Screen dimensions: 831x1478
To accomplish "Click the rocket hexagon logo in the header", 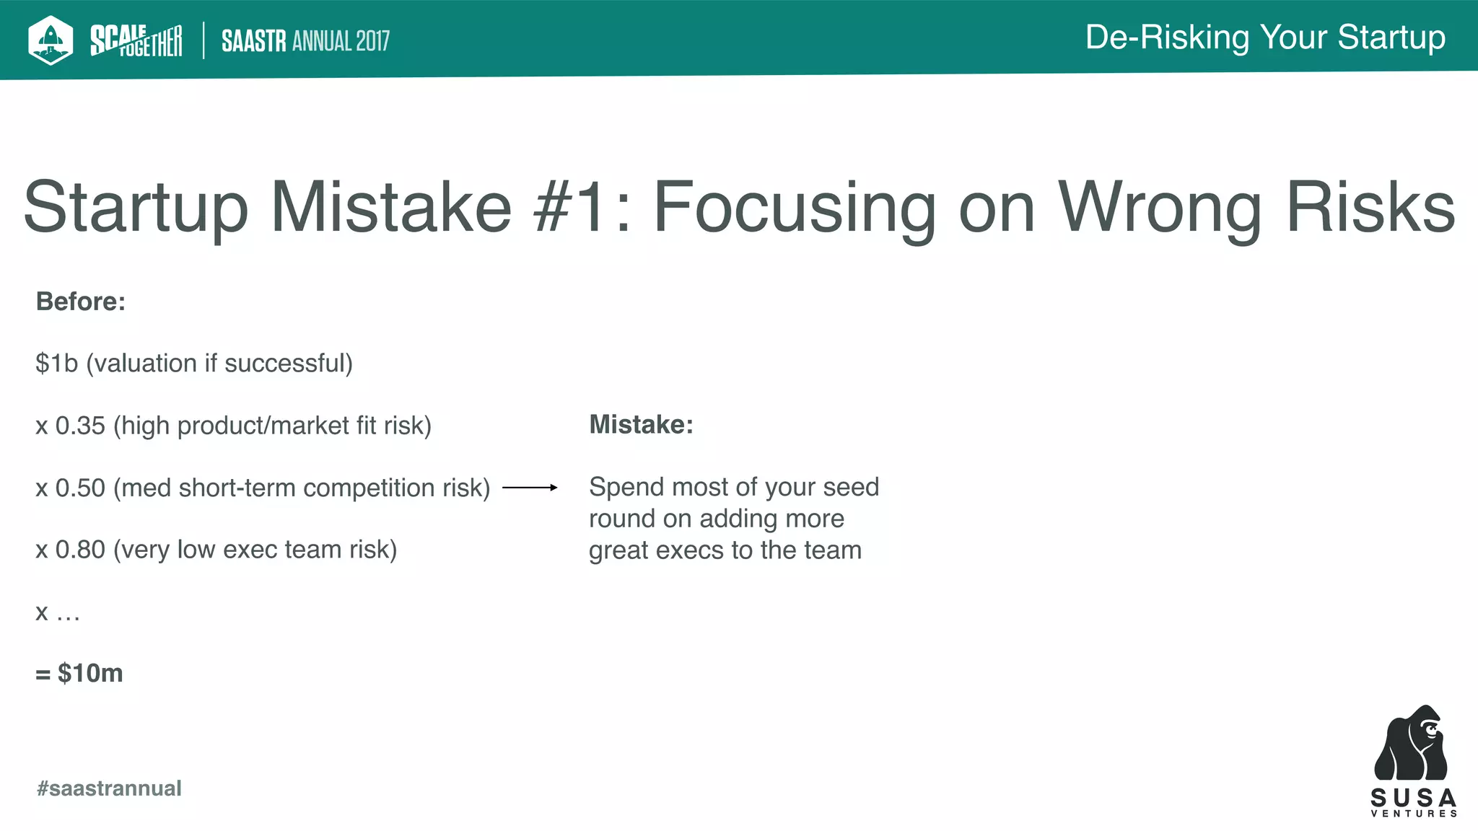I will pos(50,40).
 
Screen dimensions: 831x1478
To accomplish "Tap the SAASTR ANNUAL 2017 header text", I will pos(305,41).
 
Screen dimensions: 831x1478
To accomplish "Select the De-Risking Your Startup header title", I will pos(1265,38).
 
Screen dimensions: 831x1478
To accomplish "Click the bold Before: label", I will pos(81,302).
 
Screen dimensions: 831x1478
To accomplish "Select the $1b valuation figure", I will pos(56,364).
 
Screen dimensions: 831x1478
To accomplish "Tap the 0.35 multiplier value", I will pos(80,426).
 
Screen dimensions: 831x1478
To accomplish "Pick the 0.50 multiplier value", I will pos(80,488).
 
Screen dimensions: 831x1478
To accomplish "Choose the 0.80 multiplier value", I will pos(80,550).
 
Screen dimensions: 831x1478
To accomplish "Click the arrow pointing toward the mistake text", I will pos(530,488).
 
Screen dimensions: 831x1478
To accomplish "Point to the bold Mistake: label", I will pos(641,425).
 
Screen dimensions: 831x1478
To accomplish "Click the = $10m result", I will pos(80,674).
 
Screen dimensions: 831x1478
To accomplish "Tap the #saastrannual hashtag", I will pos(109,788).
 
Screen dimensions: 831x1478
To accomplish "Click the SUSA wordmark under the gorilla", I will pos(1413,798).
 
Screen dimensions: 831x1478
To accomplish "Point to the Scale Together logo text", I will pos(136,40).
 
